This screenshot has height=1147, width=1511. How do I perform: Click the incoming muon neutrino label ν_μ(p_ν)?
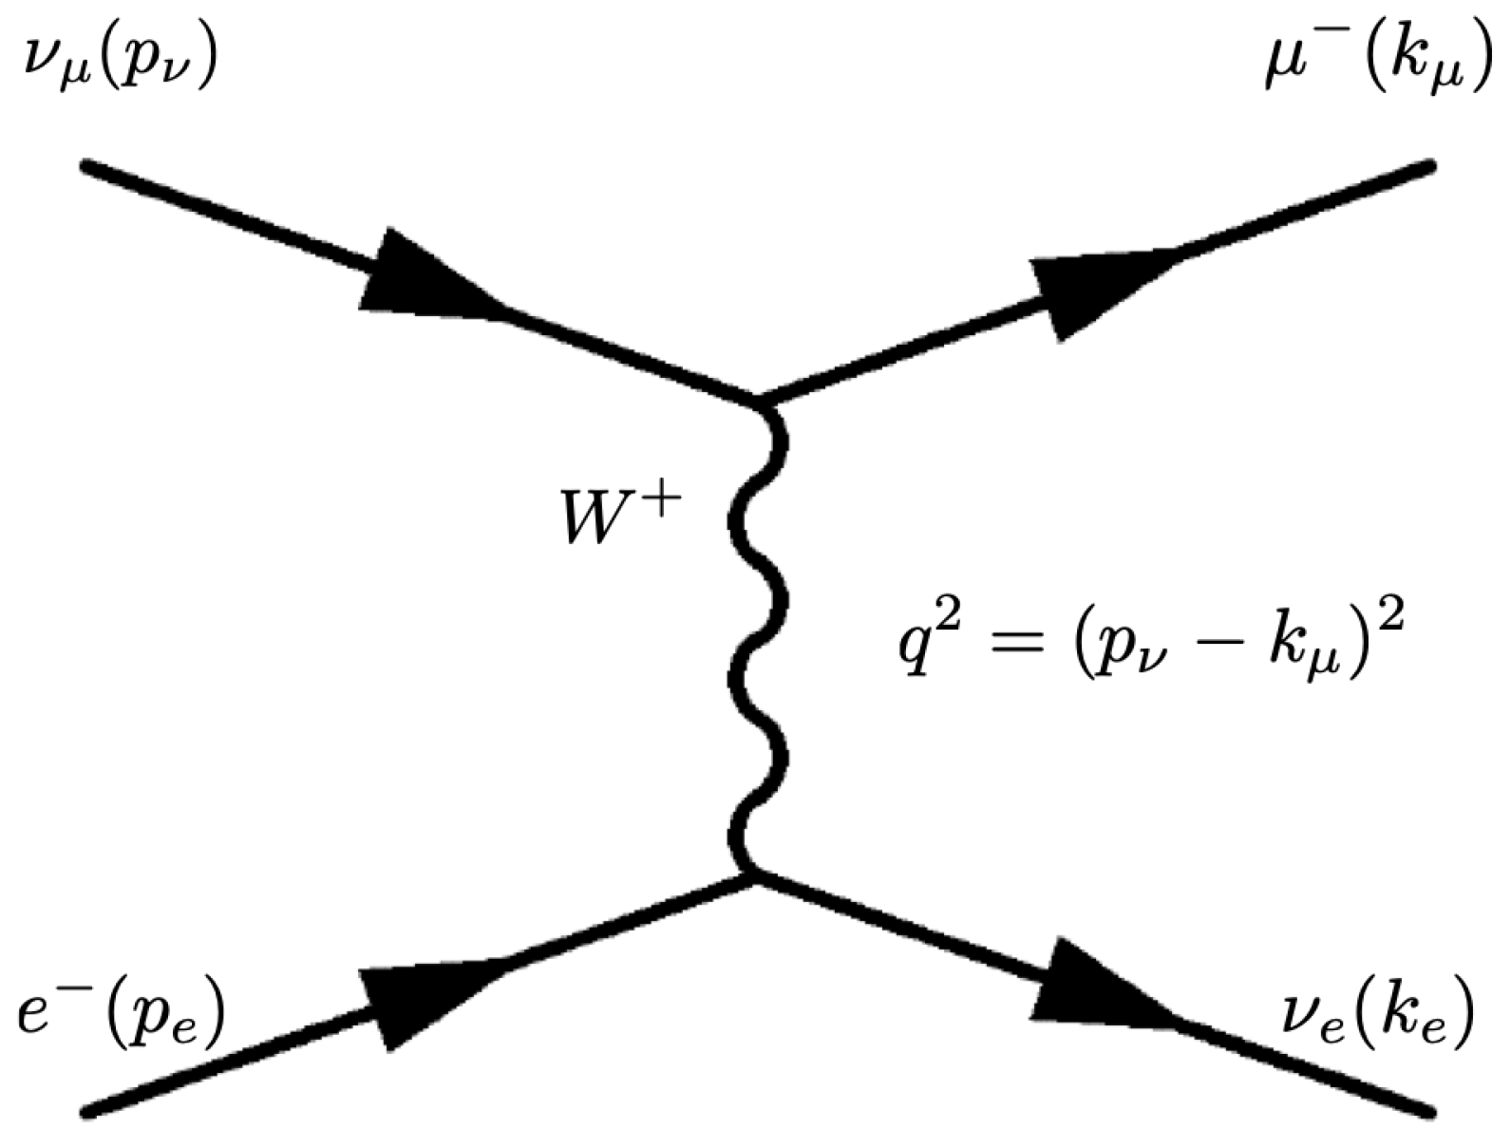119,68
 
